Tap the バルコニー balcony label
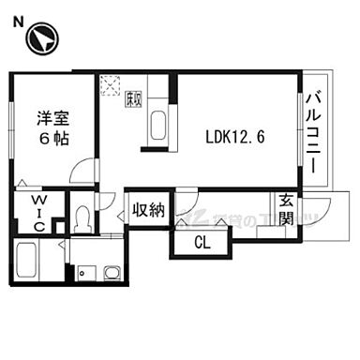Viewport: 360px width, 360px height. [x=313, y=132]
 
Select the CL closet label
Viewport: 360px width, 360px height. [x=202, y=242]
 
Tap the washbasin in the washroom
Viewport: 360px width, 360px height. [x=112, y=272]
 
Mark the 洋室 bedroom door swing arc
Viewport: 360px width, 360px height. [x=88, y=172]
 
